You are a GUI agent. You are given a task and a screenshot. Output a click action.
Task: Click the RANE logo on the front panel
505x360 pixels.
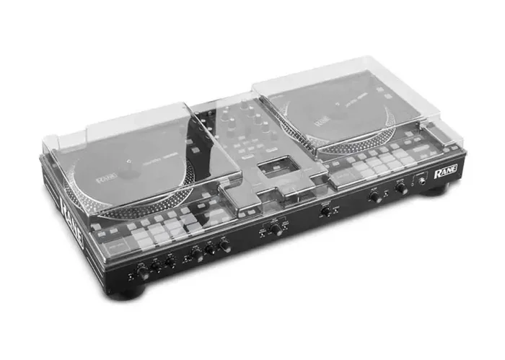click(445, 174)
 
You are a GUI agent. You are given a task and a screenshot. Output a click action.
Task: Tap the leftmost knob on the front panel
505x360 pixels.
click(144, 272)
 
